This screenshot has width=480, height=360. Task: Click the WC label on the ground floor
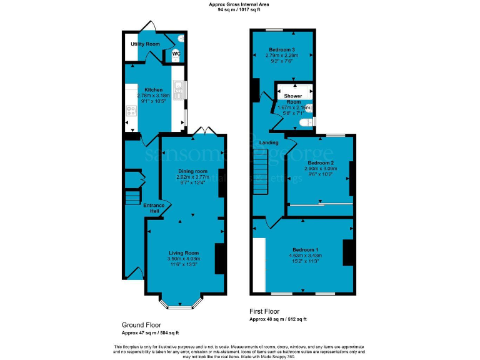coord(176,54)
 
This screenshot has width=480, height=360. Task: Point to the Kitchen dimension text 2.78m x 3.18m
coord(154,96)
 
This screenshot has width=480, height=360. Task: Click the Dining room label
coord(192,171)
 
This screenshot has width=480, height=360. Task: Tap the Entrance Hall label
coord(154,208)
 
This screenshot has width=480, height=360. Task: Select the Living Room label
coord(184,252)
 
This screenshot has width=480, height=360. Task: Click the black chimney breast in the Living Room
coord(220,258)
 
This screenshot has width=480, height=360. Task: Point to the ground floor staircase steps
coord(132,198)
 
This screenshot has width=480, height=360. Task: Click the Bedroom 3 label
coord(282,49)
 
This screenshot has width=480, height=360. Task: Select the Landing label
coord(269,142)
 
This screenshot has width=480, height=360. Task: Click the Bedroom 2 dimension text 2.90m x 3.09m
coord(321,168)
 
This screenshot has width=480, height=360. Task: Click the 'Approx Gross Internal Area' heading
coord(239,4)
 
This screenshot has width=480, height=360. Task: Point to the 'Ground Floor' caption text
coord(141,325)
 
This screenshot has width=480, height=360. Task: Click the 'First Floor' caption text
coord(265,311)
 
